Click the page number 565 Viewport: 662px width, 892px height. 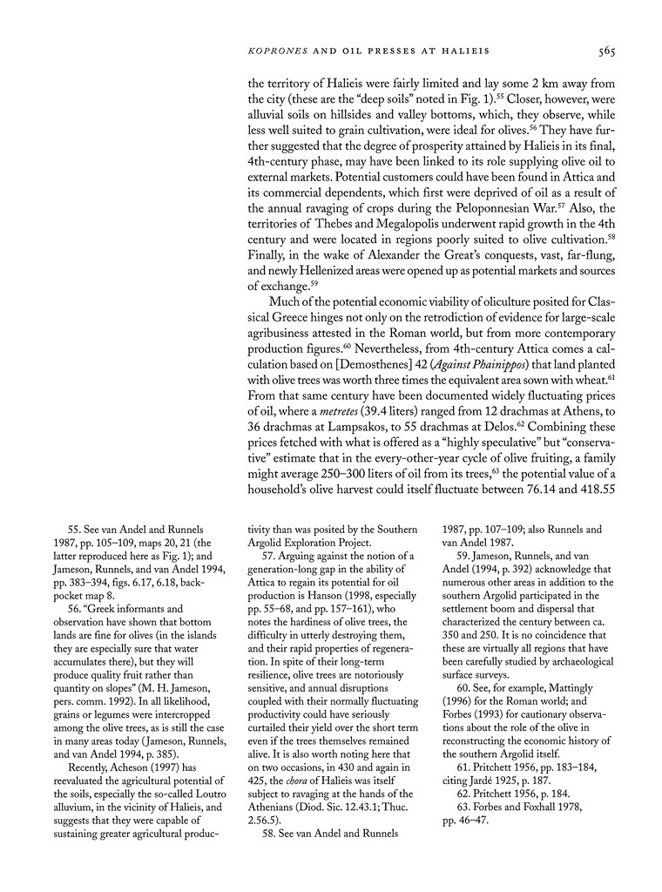tap(607, 51)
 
